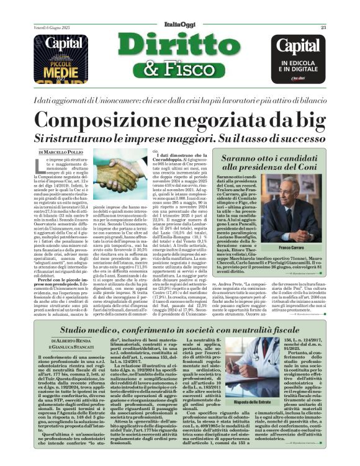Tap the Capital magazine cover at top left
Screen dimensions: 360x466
click(60, 59)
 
